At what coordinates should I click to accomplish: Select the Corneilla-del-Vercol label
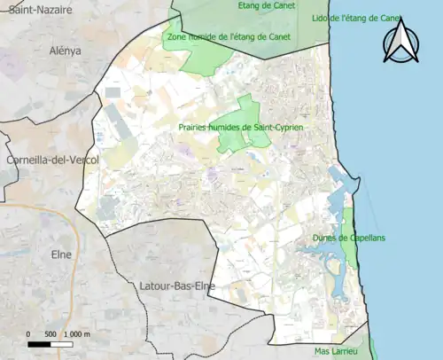[51, 160]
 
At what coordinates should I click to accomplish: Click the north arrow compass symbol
[400, 42]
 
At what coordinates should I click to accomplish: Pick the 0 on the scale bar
[29, 333]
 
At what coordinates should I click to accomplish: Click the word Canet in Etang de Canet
[283, 5]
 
